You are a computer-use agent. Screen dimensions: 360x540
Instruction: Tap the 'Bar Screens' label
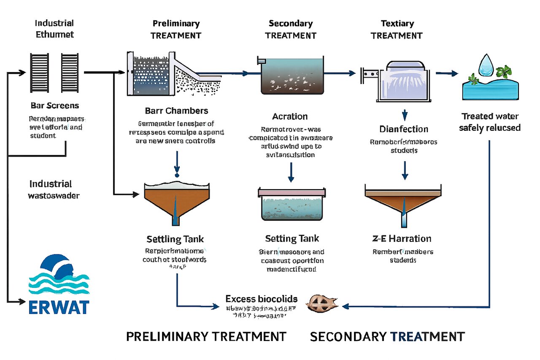[x=55, y=105]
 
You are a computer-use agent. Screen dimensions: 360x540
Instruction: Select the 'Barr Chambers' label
[x=176, y=111]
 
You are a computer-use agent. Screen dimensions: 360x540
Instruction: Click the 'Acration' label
[x=290, y=116]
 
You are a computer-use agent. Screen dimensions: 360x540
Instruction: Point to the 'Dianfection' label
[x=404, y=129]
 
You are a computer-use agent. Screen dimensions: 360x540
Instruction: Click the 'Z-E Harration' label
[x=402, y=238]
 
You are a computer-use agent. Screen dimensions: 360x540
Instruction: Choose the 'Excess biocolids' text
[x=262, y=299]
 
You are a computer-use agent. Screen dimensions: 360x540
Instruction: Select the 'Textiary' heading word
[x=397, y=24]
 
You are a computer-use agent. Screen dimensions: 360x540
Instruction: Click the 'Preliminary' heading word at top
[x=176, y=24]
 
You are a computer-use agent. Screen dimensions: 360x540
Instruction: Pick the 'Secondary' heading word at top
[x=291, y=24]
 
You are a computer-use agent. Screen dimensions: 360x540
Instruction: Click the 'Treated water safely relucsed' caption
[x=490, y=122]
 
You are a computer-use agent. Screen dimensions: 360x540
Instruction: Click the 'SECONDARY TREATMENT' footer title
[x=387, y=336]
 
